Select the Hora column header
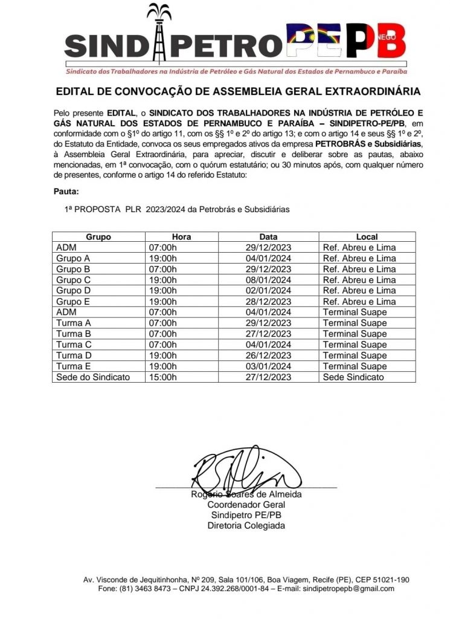point(181,237)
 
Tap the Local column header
point(367,237)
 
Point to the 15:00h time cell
point(162,377)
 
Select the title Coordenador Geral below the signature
point(246,504)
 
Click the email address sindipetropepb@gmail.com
point(349,588)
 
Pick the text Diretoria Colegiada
point(246,525)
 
